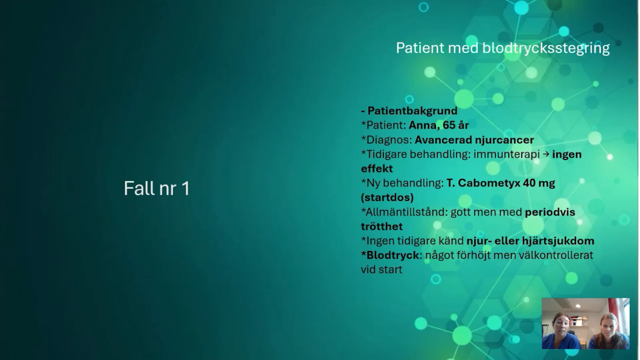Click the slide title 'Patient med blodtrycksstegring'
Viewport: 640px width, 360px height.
pyautogui.click(x=502, y=48)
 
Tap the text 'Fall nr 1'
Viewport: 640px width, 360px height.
pyautogui.click(x=157, y=188)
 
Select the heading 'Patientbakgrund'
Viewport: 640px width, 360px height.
pyautogui.click(x=412, y=111)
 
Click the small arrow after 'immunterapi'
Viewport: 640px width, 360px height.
pyautogui.click(x=546, y=154)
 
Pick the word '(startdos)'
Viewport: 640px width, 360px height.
pyautogui.click(x=387, y=197)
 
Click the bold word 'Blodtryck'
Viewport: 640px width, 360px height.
pyautogui.click(x=393, y=255)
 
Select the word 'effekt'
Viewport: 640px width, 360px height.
pyautogui.click(x=377, y=169)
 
